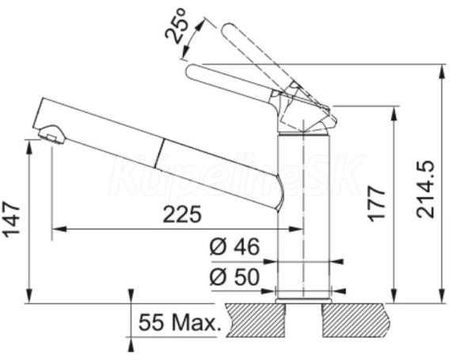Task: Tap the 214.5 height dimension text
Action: (x=425, y=190)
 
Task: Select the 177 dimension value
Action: (x=377, y=204)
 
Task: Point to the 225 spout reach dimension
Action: (x=182, y=214)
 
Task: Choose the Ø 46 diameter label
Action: (x=235, y=246)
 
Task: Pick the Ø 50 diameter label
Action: (x=235, y=276)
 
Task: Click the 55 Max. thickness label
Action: (x=178, y=322)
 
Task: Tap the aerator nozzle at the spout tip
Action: (x=52, y=135)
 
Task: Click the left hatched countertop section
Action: (x=255, y=320)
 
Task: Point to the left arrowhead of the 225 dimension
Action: (x=59, y=229)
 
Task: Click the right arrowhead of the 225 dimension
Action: (x=295, y=229)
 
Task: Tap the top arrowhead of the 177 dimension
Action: (x=394, y=114)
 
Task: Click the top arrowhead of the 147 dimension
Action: (x=29, y=147)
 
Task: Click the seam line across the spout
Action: (x=160, y=153)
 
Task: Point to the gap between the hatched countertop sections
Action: (x=303, y=320)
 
